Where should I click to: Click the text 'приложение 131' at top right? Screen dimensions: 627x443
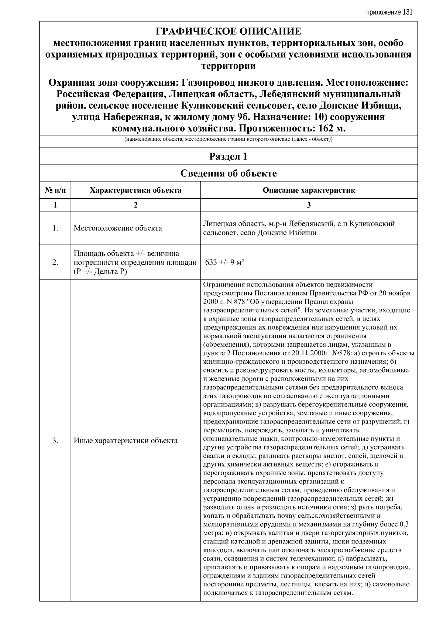pos(389,12)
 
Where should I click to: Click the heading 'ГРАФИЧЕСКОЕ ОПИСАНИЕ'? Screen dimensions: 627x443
pos(228,31)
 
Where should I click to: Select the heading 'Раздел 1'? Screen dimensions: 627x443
pos(228,157)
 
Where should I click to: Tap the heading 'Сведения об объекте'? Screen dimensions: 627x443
pos(228,173)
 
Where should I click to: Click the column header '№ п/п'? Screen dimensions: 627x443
pos(55,191)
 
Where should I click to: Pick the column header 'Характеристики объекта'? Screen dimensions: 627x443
pos(135,191)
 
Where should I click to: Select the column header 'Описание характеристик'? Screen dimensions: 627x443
pos(309,191)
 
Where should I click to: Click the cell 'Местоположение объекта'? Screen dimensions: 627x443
pos(118,228)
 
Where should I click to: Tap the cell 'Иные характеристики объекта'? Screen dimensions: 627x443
pos(126,441)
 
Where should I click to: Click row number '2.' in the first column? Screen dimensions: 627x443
pos(55,263)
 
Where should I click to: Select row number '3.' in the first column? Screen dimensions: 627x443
pos(55,441)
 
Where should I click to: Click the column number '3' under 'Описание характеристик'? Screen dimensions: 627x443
pos(309,205)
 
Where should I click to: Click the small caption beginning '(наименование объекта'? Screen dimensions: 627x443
pos(228,140)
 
